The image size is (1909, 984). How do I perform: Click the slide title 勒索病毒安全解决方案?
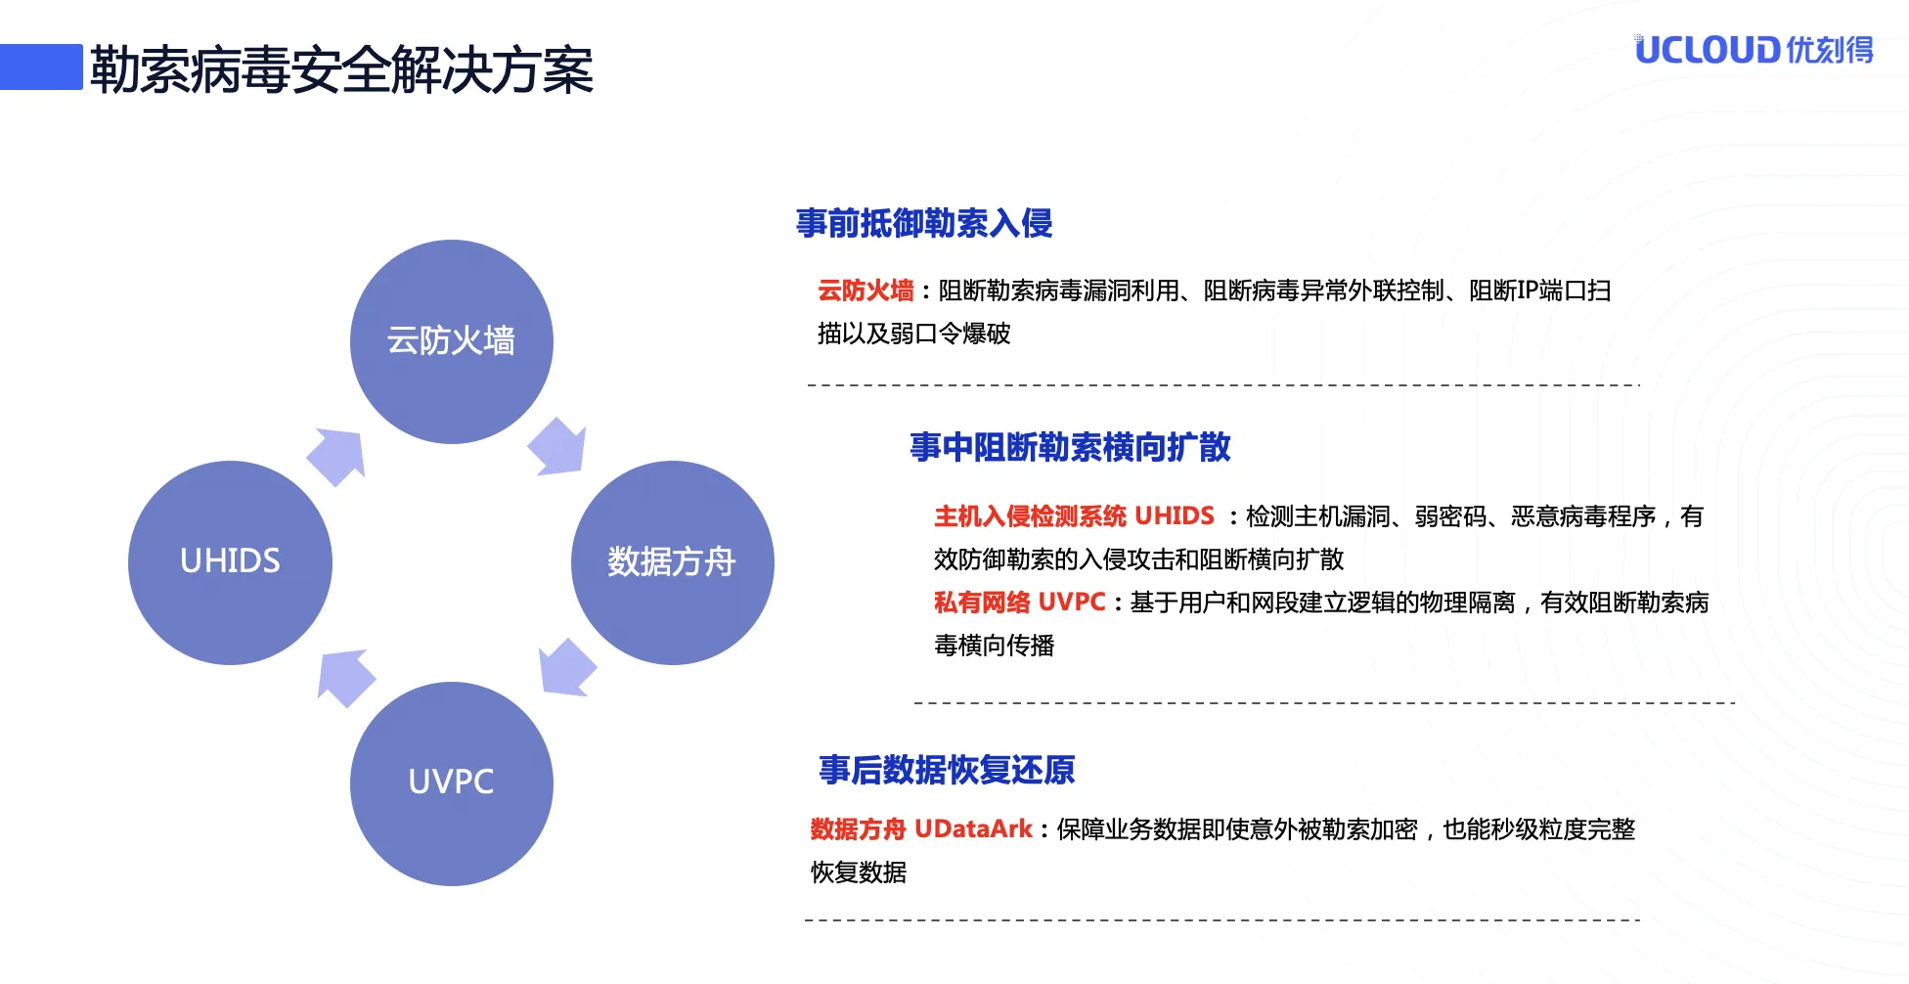[x=341, y=70]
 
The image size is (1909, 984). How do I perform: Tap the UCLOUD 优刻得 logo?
[x=1754, y=49]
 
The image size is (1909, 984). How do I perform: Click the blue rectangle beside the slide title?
[x=41, y=67]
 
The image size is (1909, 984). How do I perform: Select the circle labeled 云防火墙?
[x=452, y=341]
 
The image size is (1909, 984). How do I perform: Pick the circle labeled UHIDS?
[x=231, y=562]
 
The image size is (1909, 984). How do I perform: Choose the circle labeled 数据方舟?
[x=673, y=562]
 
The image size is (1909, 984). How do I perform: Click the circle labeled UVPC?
[x=452, y=783]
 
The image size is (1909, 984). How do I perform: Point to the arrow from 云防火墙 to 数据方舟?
[x=558, y=447]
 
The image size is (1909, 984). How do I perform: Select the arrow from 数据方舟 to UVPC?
[x=566, y=668]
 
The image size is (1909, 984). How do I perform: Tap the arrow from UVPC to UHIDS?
[x=345, y=677]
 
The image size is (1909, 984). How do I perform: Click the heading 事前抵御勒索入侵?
[x=924, y=223]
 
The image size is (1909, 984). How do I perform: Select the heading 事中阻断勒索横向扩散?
[x=1070, y=447]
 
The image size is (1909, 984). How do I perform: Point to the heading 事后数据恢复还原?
[x=947, y=770]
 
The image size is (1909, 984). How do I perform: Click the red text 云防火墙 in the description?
[x=866, y=291]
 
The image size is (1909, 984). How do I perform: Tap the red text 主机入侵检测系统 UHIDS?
[x=1074, y=515]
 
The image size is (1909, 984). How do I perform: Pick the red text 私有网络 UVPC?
[x=1019, y=602]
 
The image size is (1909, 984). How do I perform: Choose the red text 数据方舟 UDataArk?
[x=921, y=828]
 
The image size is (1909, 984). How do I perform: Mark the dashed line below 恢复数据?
[x=1222, y=919]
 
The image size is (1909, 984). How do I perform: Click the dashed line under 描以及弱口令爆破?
[x=1223, y=384]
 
